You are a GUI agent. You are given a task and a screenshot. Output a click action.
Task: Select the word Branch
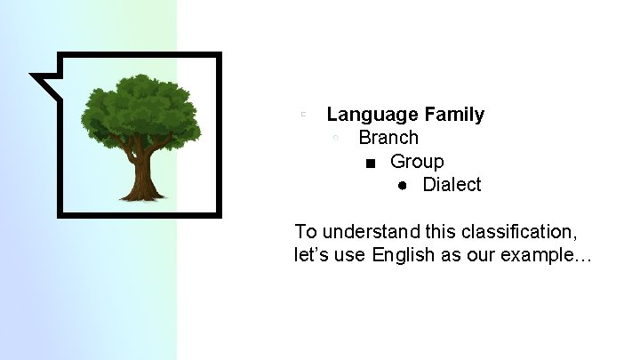point(388,138)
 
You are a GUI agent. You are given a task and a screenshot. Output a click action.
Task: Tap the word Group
point(417,162)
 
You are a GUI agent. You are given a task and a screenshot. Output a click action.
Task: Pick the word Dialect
point(452,185)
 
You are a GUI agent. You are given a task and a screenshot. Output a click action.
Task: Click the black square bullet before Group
point(371,163)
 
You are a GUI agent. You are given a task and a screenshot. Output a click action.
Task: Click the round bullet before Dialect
point(403,186)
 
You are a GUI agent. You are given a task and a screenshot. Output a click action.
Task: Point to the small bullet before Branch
point(336,138)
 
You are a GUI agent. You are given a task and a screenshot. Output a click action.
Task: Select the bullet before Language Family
point(304,114)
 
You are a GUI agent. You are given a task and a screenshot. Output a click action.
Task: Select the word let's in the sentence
point(312,256)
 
